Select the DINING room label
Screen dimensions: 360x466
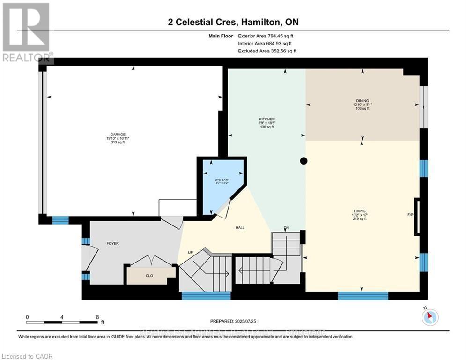pyautogui.click(x=362, y=100)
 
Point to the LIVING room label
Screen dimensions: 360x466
pyautogui.click(x=360, y=211)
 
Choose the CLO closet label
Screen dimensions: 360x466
pyautogui.click(x=149, y=276)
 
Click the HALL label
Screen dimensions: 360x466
pyautogui.click(x=240, y=228)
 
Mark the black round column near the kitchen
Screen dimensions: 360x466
pyautogui.click(x=303, y=161)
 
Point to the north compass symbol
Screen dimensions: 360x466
pyautogui.click(x=429, y=317)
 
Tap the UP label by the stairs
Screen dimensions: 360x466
pyautogui.click(x=191, y=252)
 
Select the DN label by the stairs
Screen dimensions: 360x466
pyautogui.click(x=286, y=228)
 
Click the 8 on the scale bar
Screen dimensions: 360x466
pyautogui.click(x=97, y=317)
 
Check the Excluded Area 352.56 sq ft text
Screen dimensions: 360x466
pyautogui.click(x=267, y=51)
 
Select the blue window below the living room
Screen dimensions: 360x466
pyautogui.click(x=363, y=295)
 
